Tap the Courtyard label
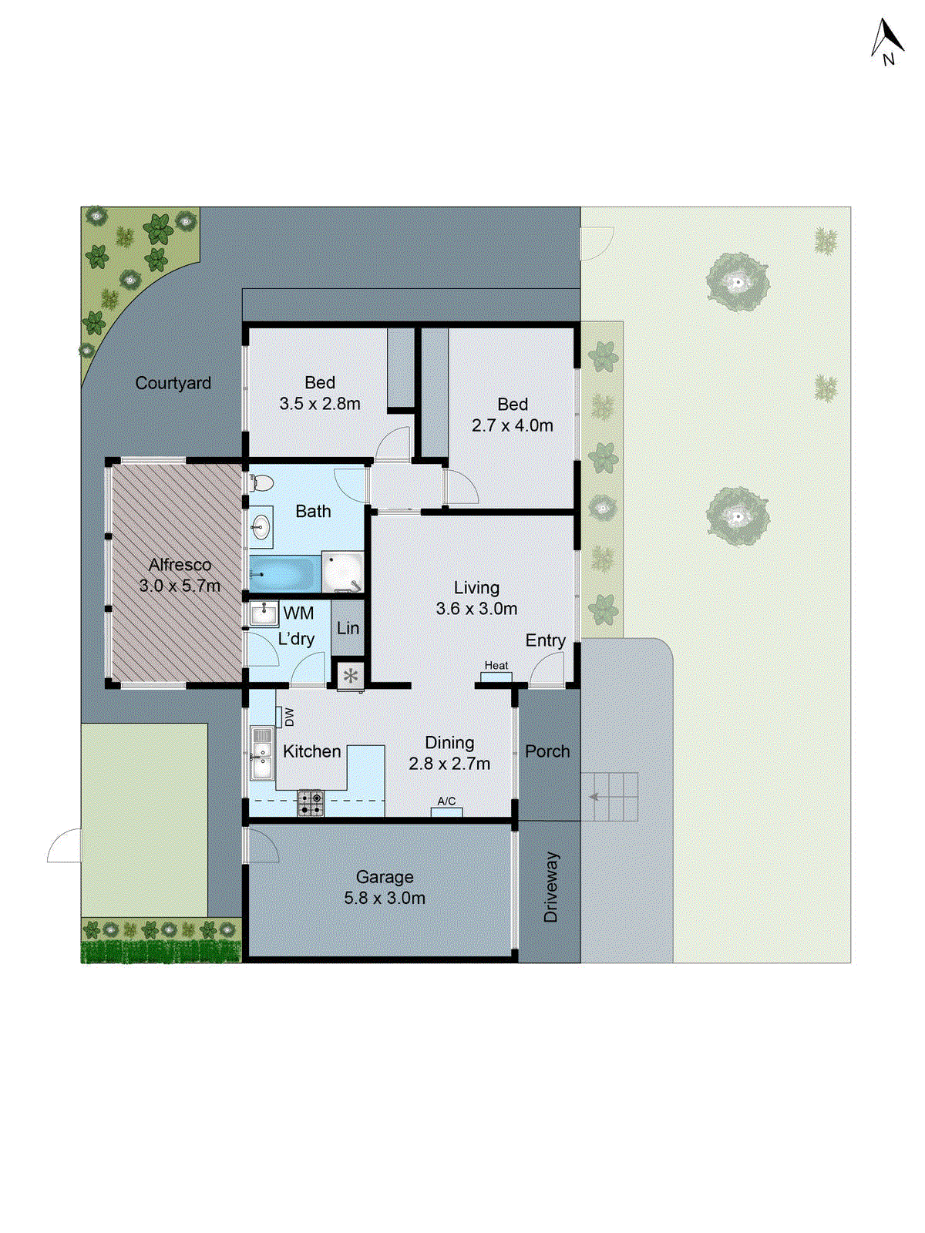coord(173,383)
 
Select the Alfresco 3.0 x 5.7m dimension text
coord(180,586)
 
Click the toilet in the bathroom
coord(261,483)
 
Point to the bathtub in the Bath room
coord(283,574)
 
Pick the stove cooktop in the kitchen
coord(311,803)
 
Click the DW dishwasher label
coord(289,717)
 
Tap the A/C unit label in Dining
coord(446,801)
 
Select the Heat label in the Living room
coord(496,666)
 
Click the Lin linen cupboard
coord(348,628)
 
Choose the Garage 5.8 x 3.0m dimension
coord(385,898)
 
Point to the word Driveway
coord(550,887)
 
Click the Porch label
coord(547,751)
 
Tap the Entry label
coord(545,640)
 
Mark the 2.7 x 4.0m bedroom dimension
coord(513,425)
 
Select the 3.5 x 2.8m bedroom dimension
coord(320,404)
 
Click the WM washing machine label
coord(298,613)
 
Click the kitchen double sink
coord(262,753)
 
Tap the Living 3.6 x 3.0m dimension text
coord(476,609)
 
